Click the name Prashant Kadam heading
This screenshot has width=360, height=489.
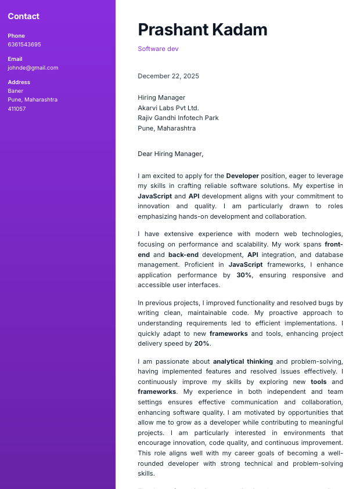202,30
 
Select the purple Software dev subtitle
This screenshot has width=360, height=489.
158,49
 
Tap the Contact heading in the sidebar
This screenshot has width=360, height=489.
24,16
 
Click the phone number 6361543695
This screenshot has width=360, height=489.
24,45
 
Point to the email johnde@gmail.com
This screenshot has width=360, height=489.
33,68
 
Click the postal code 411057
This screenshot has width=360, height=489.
17,108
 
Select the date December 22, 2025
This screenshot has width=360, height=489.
168,76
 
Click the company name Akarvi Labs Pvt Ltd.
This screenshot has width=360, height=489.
168,108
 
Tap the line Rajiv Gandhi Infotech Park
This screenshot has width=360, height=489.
178,118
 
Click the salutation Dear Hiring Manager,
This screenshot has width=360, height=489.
171,154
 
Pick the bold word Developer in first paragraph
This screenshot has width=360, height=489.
242,176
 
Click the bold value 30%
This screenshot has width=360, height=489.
244,275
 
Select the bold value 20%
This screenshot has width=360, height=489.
201,343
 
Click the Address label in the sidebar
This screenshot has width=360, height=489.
19,82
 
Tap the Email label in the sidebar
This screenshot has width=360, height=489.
15,59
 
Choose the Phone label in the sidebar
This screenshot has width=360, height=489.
16,36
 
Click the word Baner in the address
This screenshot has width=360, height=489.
16,91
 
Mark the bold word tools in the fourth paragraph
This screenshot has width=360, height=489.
318,382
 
